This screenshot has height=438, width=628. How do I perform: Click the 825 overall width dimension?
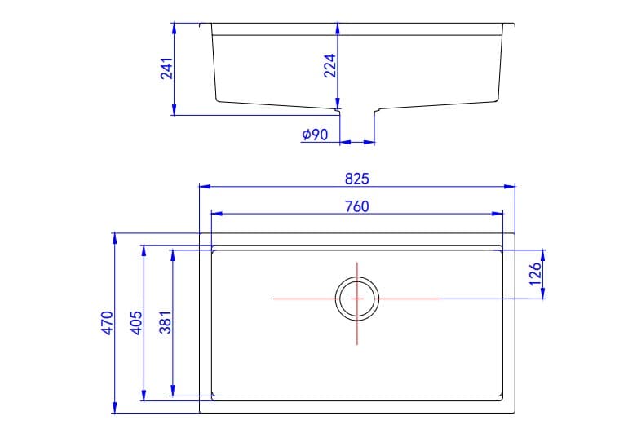point(356,178)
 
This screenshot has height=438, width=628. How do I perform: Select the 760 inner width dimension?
point(356,206)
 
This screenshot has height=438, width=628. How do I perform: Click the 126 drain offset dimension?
point(536,273)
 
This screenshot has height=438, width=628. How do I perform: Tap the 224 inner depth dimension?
point(330,65)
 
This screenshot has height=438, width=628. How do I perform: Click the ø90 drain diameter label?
point(315,135)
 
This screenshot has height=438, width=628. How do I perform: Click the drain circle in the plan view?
point(357,299)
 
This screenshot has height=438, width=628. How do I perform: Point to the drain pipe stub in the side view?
point(356,122)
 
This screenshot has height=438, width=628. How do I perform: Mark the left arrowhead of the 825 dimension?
point(204,187)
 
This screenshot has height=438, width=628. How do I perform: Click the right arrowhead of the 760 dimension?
point(498,215)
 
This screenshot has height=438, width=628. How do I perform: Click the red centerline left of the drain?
point(302,299)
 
